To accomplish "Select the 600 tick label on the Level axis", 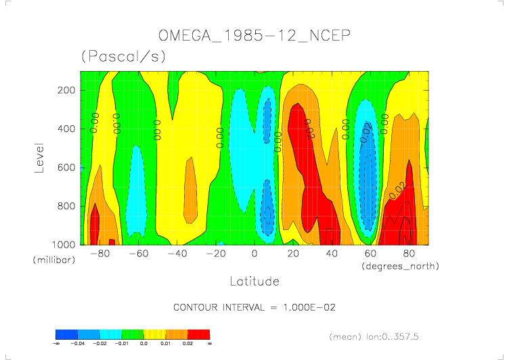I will (x=66, y=166).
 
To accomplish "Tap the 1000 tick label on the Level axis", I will (x=63, y=244).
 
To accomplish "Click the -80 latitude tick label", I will (x=99, y=254).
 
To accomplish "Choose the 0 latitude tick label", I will (x=255, y=254).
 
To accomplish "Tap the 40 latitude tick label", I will (x=332, y=254).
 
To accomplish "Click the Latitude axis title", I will (x=254, y=281).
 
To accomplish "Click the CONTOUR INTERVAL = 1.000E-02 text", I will (x=255, y=307).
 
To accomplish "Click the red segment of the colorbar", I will (x=198, y=334).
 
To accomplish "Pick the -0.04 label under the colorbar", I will (x=78, y=344).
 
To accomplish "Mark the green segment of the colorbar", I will (x=133, y=334).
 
